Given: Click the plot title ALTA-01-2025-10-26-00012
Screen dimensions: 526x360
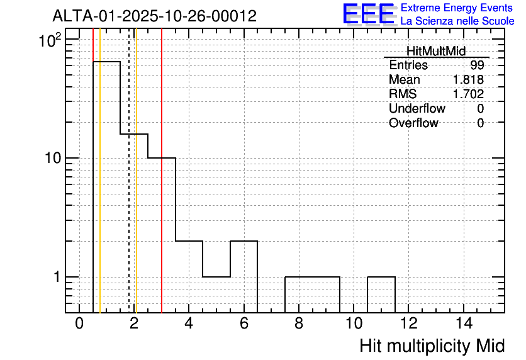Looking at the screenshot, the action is click(x=155, y=16).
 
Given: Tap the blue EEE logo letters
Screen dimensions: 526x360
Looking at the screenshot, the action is click(x=369, y=14).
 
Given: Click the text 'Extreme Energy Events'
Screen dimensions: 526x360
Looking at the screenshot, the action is click(x=457, y=8).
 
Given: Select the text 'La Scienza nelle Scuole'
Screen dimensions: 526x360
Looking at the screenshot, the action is click(x=457, y=21).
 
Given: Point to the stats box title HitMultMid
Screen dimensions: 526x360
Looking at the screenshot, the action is click(x=436, y=51).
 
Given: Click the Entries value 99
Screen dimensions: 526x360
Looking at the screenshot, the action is click(x=477, y=65).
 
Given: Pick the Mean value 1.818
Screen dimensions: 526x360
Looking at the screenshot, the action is click(x=468, y=79).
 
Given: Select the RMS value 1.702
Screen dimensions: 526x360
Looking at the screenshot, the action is click(x=468, y=94).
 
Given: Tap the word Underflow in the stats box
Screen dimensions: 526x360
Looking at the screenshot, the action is click(x=417, y=108).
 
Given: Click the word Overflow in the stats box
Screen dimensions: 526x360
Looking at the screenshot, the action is click(x=413, y=123).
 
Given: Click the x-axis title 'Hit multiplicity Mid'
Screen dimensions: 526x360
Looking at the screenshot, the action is click(x=432, y=346).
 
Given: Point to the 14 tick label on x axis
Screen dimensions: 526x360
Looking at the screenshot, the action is click(x=464, y=323).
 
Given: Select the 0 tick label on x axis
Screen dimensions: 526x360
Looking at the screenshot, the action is click(x=79, y=323).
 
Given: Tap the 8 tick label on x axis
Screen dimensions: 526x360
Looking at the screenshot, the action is click(x=299, y=323).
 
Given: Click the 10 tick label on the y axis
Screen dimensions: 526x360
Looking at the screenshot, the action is click(x=53, y=158).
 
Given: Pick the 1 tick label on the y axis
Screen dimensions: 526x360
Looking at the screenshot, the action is click(x=57, y=277).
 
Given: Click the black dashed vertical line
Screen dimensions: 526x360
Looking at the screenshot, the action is click(x=129, y=171).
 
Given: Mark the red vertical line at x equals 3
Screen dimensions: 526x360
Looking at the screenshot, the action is click(x=162, y=171).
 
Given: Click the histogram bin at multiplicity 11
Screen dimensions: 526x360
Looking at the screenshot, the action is click(x=381, y=295).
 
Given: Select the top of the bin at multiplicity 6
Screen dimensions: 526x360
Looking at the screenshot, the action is click(x=244, y=241).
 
